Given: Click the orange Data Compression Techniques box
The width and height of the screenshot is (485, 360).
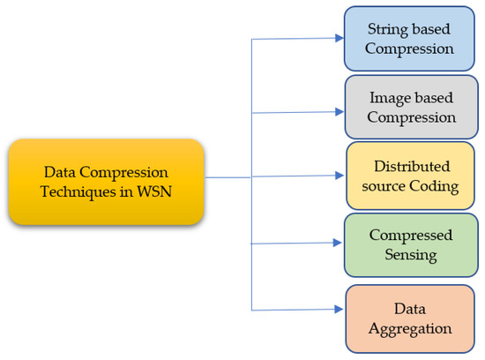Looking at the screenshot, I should [x=106, y=181].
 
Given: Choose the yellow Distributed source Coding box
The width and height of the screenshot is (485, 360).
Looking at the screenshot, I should [x=411, y=175].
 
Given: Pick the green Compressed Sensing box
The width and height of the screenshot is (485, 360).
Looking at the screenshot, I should [x=411, y=244].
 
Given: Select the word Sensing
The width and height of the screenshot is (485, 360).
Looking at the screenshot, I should [x=411, y=254].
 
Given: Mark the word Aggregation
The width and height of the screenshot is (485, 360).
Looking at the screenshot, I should [x=411, y=328].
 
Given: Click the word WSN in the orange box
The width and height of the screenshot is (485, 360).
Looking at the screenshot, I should [x=159, y=191].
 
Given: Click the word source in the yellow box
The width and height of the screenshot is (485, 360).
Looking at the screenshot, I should [x=388, y=185].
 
